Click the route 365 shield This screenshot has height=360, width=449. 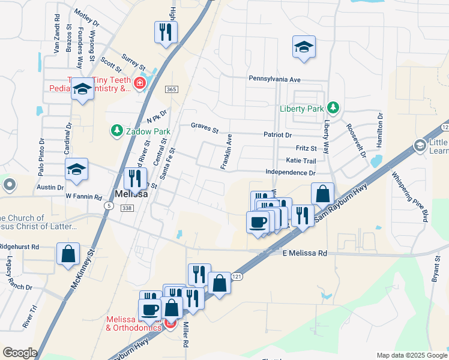pos(172,89)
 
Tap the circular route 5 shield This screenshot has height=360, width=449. pos(108,205)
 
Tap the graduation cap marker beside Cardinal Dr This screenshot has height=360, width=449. pos(77,170)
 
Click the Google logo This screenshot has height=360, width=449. pos(20,353)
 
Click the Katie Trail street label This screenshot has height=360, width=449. pos(301,161)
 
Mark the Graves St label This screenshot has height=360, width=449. pos(205,126)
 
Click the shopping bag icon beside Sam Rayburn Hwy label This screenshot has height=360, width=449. pos(322,194)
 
